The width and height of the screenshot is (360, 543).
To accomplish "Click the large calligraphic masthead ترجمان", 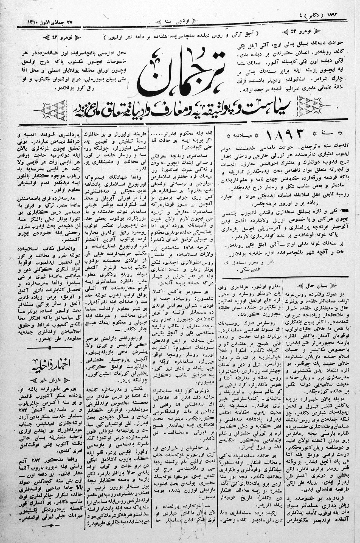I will pos(181,73).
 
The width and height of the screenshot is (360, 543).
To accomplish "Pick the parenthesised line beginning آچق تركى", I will pos(181,36).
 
